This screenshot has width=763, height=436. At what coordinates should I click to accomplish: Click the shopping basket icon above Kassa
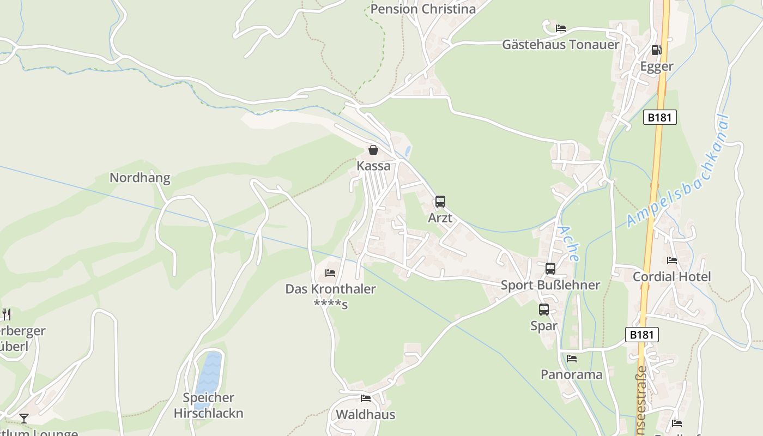point(373,150)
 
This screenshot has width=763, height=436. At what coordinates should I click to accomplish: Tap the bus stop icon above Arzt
point(440,202)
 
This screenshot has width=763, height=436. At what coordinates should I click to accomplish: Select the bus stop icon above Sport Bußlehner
point(550,269)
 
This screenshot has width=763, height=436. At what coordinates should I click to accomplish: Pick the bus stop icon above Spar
point(544,310)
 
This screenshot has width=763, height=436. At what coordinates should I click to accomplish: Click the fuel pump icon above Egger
point(657,50)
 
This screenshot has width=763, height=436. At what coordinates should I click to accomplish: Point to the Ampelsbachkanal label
point(678,171)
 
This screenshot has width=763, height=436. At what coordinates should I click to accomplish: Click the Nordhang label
point(140,178)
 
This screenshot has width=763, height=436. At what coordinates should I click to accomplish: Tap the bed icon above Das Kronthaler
point(330,272)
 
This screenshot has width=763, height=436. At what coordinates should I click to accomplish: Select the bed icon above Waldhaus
point(366,398)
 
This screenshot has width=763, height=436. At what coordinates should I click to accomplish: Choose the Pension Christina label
point(423,9)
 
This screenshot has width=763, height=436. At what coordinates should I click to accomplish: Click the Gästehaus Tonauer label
point(561,45)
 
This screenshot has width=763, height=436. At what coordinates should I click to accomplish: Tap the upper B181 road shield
point(659,117)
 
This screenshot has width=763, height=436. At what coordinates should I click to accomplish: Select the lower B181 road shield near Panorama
point(641,335)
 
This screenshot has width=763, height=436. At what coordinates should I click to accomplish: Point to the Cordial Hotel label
point(671,277)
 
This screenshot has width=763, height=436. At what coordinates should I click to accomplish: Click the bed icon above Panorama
point(571,359)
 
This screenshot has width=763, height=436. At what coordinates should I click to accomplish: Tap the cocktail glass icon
point(24,419)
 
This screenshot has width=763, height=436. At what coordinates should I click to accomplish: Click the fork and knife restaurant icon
point(6,314)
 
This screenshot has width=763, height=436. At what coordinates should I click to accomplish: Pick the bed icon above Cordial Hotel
point(672,261)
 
